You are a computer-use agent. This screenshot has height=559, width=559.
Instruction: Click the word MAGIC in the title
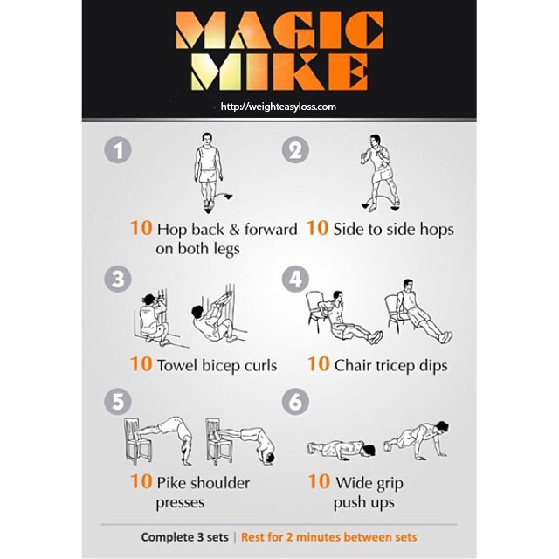[279, 31]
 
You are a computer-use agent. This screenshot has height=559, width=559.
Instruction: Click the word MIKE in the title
[279, 72]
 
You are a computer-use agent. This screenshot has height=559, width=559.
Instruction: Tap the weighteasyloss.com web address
[279, 107]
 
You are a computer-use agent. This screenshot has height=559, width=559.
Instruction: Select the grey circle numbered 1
[118, 149]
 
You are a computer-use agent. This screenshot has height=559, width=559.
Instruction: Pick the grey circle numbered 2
[295, 149]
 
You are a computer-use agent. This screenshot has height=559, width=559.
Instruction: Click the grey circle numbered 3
[118, 279]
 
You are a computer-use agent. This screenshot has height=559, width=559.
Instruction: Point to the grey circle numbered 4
[295, 279]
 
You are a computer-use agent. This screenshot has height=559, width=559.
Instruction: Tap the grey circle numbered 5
[118, 402]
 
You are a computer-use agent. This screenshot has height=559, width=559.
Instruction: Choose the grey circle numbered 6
[295, 402]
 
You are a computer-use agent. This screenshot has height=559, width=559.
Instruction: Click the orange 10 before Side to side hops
[317, 228]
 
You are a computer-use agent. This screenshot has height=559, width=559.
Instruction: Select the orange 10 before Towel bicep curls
[141, 364]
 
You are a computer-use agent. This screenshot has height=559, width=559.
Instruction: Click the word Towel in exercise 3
[177, 365]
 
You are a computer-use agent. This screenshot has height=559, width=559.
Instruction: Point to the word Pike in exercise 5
[171, 483]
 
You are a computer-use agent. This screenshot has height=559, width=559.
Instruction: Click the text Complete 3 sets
[184, 537]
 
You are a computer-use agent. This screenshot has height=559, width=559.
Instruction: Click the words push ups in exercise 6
[364, 503]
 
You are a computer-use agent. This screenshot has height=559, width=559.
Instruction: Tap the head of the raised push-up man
[442, 427]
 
